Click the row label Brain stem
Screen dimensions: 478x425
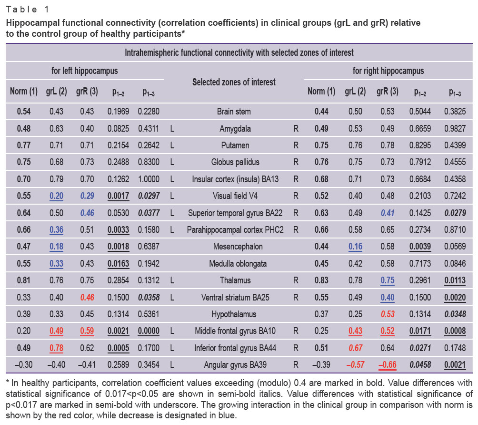[x=234, y=112]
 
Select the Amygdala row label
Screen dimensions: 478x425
[x=235, y=128]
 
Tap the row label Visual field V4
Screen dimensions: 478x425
[x=235, y=196]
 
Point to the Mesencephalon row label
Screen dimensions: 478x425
[x=238, y=247]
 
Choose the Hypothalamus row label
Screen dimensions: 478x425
[x=234, y=314]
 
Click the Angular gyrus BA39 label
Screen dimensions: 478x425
[x=235, y=364]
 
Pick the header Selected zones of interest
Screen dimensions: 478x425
[x=234, y=82]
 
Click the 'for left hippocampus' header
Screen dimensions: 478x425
[x=84, y=71]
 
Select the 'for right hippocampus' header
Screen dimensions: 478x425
[x=388, y=71]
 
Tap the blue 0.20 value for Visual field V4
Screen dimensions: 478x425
[x=56, y=196]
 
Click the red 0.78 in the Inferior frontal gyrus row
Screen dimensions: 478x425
[x=56, y=348]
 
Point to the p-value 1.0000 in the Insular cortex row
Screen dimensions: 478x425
[x=149, y=179]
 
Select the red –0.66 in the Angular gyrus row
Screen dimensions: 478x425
[x=387, y=365]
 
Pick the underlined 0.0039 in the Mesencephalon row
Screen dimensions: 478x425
[x=420, y=247]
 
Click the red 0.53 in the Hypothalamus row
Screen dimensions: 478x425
[x=388, y=314]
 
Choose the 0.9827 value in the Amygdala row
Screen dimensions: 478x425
[x=455, y=128]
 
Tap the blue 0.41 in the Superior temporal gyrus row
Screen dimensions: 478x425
[x=388, y=213]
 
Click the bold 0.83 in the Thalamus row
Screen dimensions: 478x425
[x=321, y=280]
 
